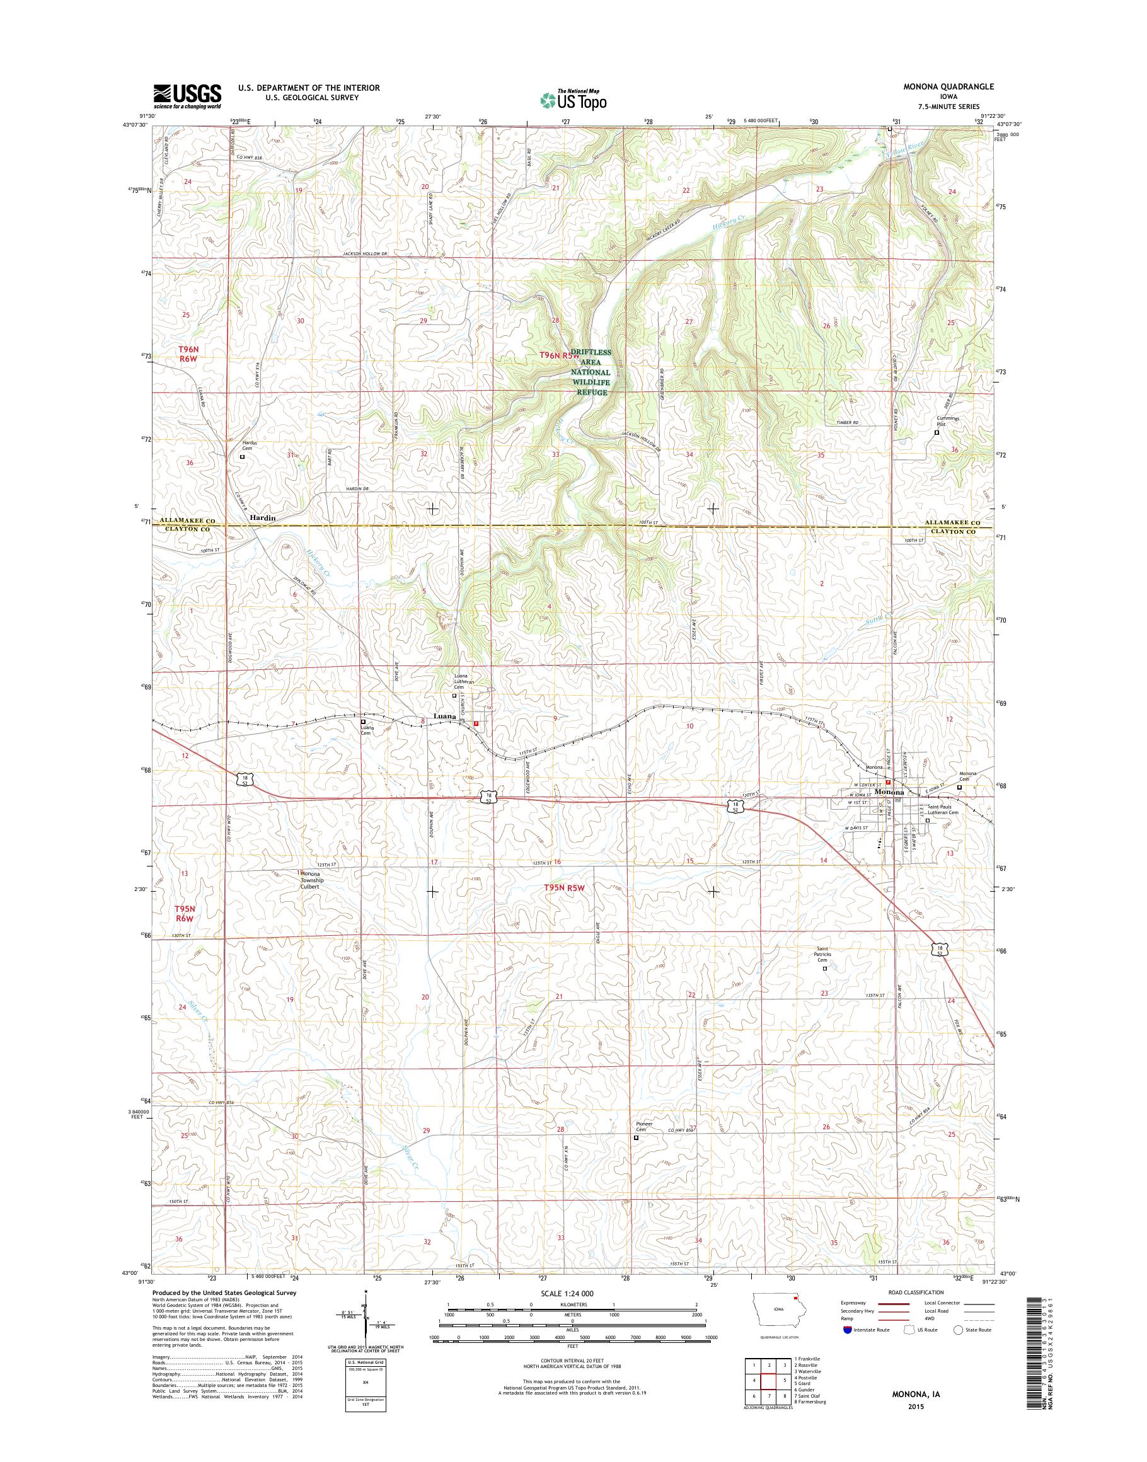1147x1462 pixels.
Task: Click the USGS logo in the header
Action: [187, 96]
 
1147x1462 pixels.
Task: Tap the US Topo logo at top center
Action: [573, 100]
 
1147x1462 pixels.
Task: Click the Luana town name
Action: [445, 717]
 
